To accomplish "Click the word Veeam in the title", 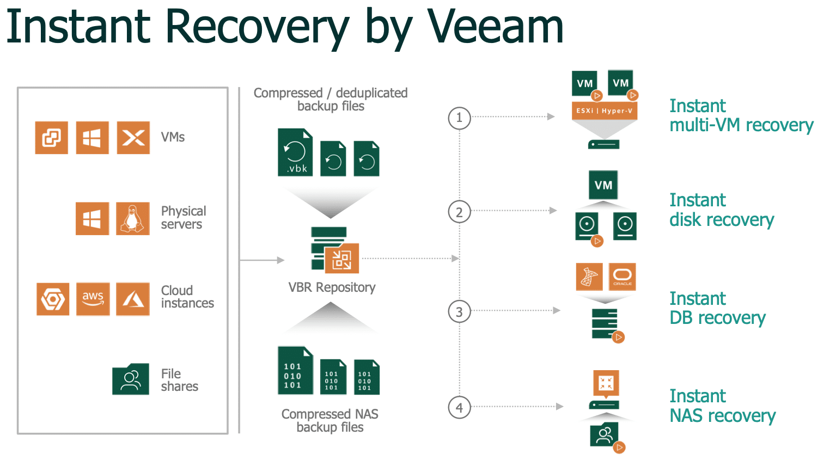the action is [x=496, y=27].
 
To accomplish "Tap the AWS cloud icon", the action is [x=93, y=299].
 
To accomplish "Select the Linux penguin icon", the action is [x=133, y=218].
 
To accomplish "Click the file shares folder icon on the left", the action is [x=131, y=379].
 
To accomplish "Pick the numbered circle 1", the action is [x=460, y=118].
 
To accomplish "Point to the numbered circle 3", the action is [x=460, y=312].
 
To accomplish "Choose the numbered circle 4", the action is [x=460, y=407].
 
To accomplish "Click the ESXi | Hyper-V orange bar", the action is [x=605, y=111].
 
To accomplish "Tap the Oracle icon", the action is [x=622, y=277].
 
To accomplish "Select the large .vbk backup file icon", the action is [x=295, y=152].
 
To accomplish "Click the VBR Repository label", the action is [x=332, y=287].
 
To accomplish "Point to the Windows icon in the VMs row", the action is [x=92, y=137].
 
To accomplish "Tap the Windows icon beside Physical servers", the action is [x=92, y=218].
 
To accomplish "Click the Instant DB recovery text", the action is [x=718, y=308].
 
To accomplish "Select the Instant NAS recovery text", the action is [x=723, y=406].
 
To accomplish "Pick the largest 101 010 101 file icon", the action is [x=295, y=370].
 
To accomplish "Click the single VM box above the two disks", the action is [x=603, y=185].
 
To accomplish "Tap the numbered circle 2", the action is [x=460, y=212].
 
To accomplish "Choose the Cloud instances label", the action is [x=187, y=297].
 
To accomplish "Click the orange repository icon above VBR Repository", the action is [x=341, y=259].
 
